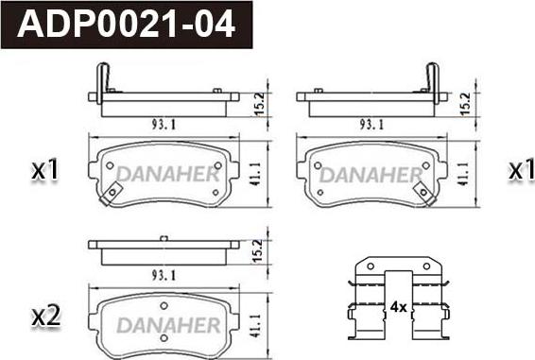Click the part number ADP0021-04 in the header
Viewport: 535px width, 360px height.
click(x=127, y=24)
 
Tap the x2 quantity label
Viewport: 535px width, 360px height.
click(x=46, y=317)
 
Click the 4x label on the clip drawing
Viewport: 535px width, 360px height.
click(x=398, y=307)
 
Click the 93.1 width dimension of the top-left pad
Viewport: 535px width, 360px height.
click(x=164, y=125)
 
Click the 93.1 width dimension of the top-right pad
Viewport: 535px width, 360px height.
click(x=371, y=125)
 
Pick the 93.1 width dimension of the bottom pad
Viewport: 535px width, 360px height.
click(x=164, y=275)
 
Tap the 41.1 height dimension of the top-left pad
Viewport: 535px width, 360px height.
click(x=255, y=174)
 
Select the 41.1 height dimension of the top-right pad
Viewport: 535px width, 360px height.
click(x=463, y=174)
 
